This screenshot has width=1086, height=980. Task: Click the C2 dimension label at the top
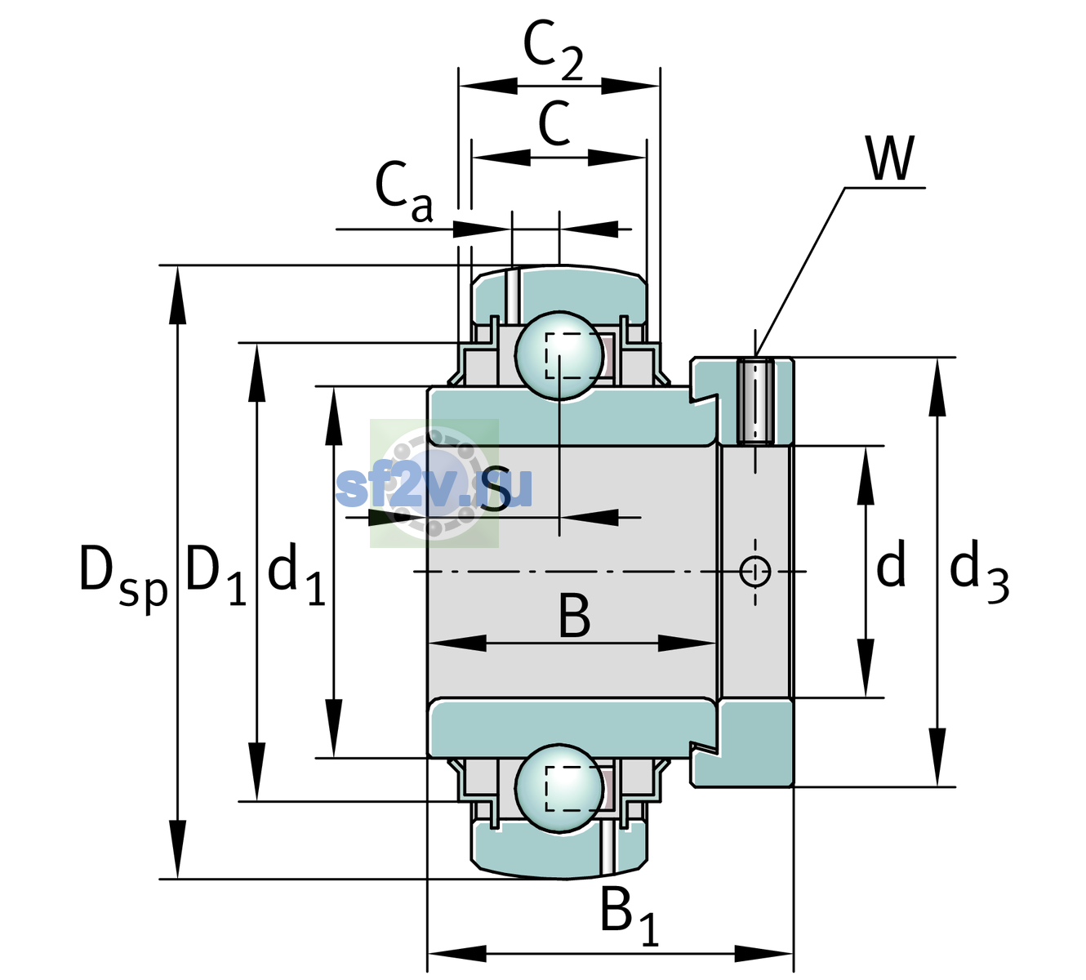tap(553, 51)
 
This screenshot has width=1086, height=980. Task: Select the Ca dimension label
tap(404, 192)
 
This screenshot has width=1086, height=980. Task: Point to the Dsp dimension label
tap(123, 579)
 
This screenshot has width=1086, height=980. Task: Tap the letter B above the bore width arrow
tap(574, 616)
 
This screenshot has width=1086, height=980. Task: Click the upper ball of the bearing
tap(559, 356)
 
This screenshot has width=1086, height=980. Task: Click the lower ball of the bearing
tap(559, 788)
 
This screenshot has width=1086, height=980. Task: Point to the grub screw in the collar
tap(756, 401)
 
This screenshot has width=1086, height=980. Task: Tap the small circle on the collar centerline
tap(755, 571)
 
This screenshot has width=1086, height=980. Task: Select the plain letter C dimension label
tap(554, 124)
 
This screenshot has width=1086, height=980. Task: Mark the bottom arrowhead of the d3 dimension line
tap(937, 758)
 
